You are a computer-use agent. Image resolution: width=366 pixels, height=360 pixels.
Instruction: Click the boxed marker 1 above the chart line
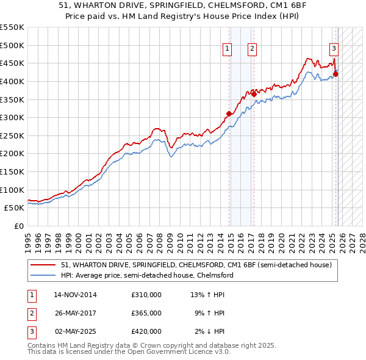(x=227, y=49)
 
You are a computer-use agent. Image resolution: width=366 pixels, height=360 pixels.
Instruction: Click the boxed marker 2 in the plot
(x=252, y=49)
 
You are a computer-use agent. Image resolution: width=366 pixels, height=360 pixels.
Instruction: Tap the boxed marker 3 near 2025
(x=334, y=49)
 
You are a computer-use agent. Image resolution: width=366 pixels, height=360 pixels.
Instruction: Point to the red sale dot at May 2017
(x=254, y=94)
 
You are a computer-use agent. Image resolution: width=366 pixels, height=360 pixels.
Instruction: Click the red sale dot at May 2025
(x=335, y=74)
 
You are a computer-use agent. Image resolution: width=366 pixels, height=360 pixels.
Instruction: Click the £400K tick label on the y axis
(x=12, y=81)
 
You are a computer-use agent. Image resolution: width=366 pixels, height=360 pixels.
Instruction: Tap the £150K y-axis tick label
(x=12, y=171)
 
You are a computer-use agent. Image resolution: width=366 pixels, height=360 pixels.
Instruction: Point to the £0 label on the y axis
(x=19, y=226)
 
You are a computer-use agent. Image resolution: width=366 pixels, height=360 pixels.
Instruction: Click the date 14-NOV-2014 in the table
(x=75, y=295)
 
